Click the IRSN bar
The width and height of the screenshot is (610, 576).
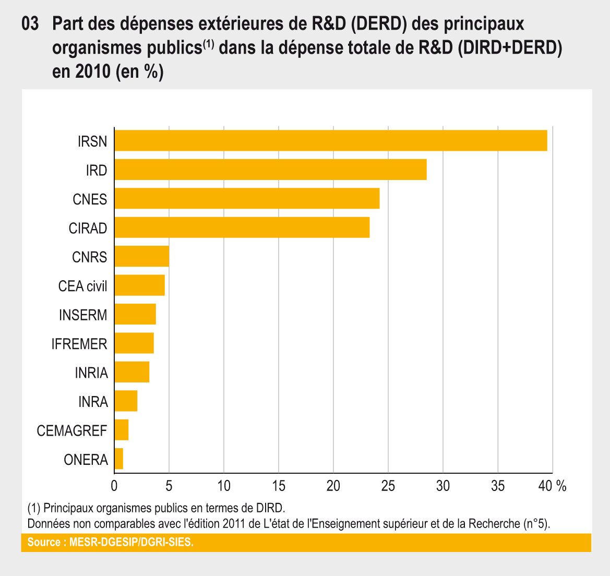pos(330,141)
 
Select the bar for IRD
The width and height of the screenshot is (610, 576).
pos(270,170)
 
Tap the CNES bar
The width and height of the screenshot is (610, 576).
pos(247,199)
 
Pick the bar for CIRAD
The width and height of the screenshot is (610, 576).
pos(242,227)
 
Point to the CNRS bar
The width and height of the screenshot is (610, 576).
pos(141,256)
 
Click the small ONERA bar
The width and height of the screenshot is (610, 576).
pos(119,459)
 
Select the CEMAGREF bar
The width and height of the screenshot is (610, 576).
pos(122,430)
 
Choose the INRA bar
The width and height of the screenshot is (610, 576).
pos(126,401)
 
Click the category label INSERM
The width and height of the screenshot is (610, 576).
pos(83,315)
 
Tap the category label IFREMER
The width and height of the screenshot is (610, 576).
pos(79,344)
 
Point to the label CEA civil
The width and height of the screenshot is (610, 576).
pos(82,286)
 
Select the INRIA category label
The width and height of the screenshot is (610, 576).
pos(91,373)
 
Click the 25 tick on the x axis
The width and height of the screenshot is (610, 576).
pos(388,486)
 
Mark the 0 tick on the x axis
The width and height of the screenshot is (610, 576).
pos(114,486)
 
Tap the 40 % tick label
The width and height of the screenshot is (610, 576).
pos(553,486)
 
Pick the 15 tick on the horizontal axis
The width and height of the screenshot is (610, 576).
pos(279,486)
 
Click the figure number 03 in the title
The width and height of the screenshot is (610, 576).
pos(30,25)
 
